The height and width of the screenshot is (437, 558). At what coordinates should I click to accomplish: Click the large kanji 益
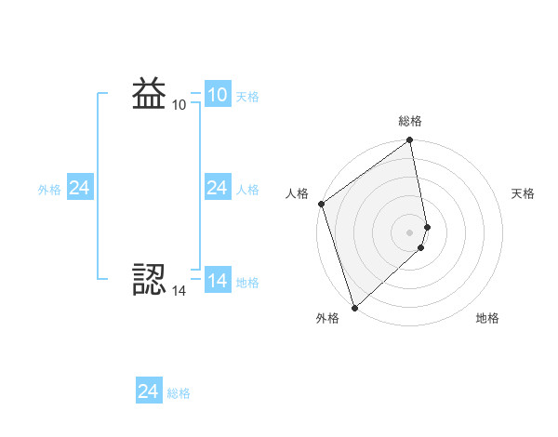pyautogui.click(x=150, y=94)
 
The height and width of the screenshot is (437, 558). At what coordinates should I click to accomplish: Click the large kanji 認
pyautogui.click(x=150, y=280)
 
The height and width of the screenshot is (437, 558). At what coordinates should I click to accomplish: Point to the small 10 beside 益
pyautogui.click(x=179, y=105)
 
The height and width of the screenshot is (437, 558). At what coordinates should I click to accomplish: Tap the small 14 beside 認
pyautogui.click(x=179, y=291)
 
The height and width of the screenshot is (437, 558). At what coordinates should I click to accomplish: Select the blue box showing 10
pyautogui.click(x=217, y=95)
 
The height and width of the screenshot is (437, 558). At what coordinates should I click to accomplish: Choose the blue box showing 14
pyautogui.click(x=217, y=281)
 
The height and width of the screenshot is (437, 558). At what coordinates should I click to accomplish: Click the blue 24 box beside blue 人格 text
pyautogui.click(x=217, y=188)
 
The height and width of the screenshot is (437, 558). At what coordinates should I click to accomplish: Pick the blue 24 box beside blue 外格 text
pyautogui.click(x=79, y=188)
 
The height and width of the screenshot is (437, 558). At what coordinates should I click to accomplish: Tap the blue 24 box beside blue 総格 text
pyautogui.click(x=148, y=391)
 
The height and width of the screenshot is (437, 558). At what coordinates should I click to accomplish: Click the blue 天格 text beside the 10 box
pyautogui.click(x=247, y=97)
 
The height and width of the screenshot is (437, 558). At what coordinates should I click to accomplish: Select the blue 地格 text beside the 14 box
pyautogui.click(x=247, y=283)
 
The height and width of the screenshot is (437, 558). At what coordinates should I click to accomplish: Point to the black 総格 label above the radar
pyautogui.click(x=410, y=121)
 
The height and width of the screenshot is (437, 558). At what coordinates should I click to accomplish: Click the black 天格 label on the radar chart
pyautogui.click(x=524, y=193)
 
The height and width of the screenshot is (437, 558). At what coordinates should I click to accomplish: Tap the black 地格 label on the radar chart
pyautogui.click(x=487, y=318)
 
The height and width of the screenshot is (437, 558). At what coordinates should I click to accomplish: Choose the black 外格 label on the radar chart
pyautogui.click(x=327, y=318)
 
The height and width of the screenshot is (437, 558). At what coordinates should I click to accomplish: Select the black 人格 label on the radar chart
pyautogui.click(x=297, y=193)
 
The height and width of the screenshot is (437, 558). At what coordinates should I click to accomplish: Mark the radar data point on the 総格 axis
pyautogui.click(x=410, y=141)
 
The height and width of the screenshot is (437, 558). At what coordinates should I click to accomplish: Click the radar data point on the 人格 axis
pyautogui.click(x=321, y=204)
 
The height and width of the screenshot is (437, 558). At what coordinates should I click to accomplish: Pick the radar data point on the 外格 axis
pyautogui.click(x=354, y=306)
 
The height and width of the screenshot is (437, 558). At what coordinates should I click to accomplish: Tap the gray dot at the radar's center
pyautogui.click(x=410, y=232)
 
